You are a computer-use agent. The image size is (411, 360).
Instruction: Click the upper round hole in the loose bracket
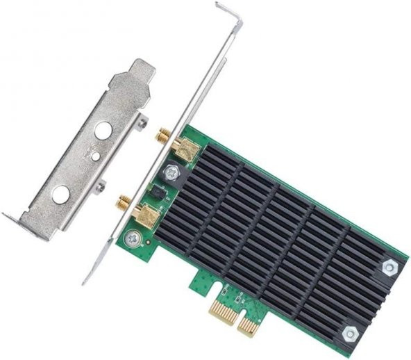tap(104, 131)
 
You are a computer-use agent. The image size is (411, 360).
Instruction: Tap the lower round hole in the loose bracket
tap(61, 195)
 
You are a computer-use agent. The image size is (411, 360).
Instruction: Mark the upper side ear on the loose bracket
tap(142, 123)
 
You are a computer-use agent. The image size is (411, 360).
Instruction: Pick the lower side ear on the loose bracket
tap(101, 186)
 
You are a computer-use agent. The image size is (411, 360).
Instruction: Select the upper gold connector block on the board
tap(185, 147)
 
